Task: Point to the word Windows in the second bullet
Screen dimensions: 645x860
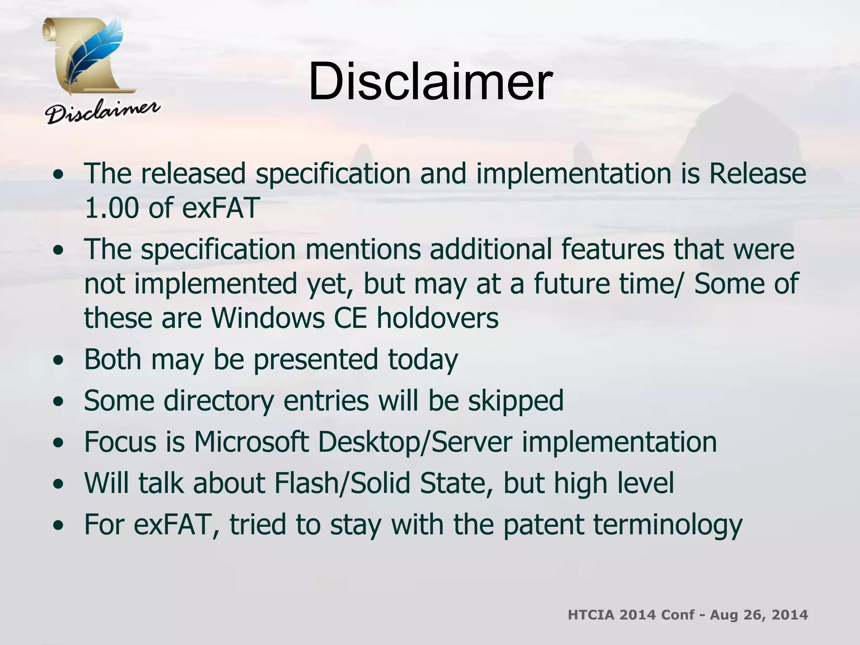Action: pyautogui.click(x=267, y=317)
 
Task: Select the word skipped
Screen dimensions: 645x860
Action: pyautogui.click(x=516, y=401)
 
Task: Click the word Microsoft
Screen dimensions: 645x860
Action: pyautogui.click(x=251, y=442)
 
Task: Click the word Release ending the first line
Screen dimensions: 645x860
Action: pyautogui.click(x=757, y=173)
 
